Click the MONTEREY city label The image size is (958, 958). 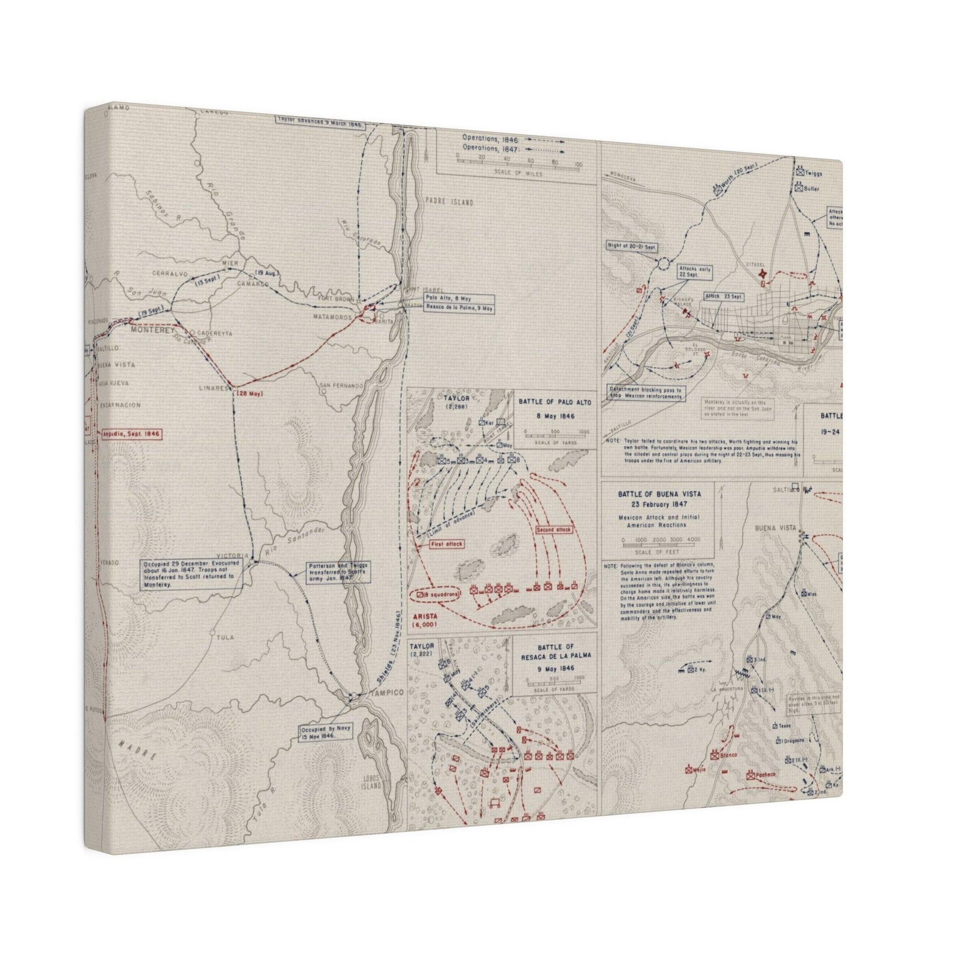pyautogui.click(x=150, y=329)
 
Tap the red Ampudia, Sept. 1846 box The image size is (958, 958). pyautogui.click(x=130, y=433)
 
